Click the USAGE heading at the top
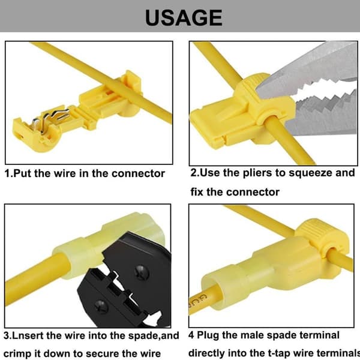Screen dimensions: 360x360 coord(184,17)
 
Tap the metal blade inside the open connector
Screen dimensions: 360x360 coord(51,119)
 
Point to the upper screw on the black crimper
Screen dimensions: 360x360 coord(141,273)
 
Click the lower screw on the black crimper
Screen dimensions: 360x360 coord(101,307)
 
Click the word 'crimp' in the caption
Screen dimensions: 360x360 coord(17,353)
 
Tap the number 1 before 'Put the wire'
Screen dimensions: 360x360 coord(7,173)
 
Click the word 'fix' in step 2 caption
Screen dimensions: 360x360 coord(197,192)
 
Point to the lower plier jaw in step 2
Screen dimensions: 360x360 coord(324,115)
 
